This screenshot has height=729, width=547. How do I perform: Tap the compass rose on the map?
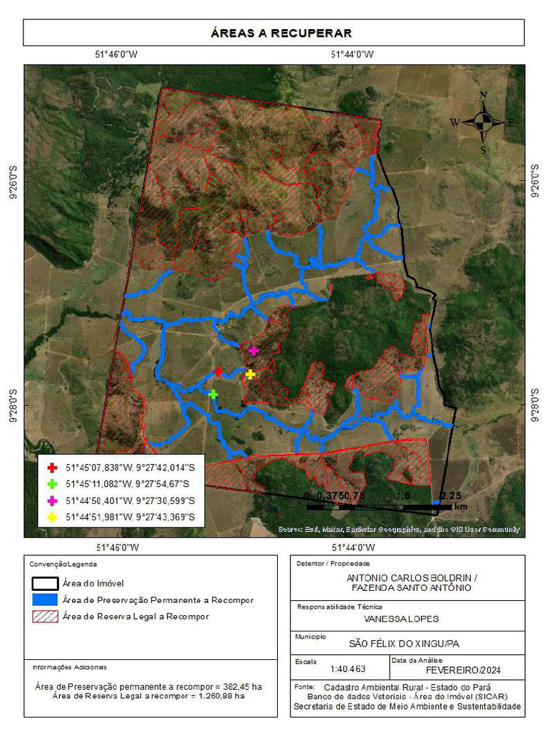[x=483, y=122]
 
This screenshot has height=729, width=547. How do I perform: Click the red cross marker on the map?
[x=219, y=372]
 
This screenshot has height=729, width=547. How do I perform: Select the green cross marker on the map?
[x=212, y=393]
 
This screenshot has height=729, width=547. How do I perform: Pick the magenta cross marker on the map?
[x=254, y=350]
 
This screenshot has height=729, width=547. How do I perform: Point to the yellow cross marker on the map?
[x=250, y=374]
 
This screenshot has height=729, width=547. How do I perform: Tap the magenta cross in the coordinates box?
[x=51, y=500]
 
